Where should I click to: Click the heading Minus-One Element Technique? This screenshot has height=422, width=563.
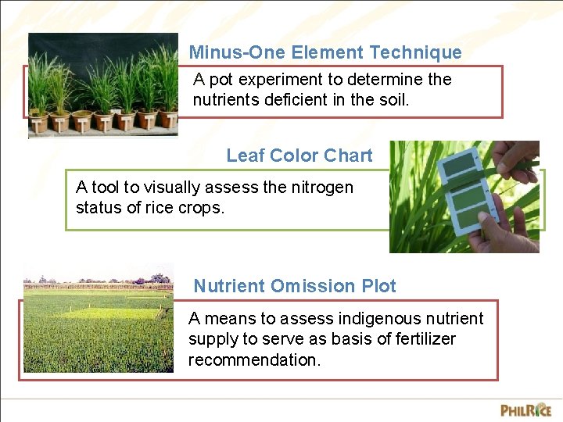[x=325, y=52]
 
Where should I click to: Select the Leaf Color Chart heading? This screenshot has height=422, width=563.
[x=299, y=156]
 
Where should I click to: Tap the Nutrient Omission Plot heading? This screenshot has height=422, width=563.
[x=295, y=286]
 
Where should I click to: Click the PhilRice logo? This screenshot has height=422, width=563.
[x=525, y=409]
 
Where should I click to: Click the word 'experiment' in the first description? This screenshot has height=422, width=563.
[x=282, y=80]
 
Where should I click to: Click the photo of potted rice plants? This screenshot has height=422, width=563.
[x=102, y=84]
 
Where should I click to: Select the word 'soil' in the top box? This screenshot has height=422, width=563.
[x=393, y=100]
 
